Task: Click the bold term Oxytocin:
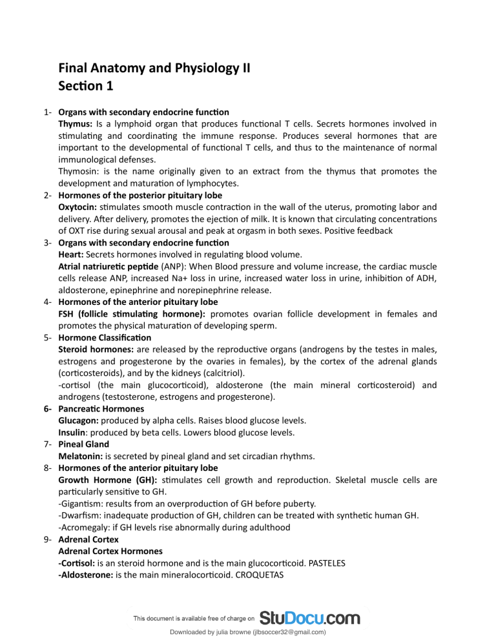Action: (x=79, y=208)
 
